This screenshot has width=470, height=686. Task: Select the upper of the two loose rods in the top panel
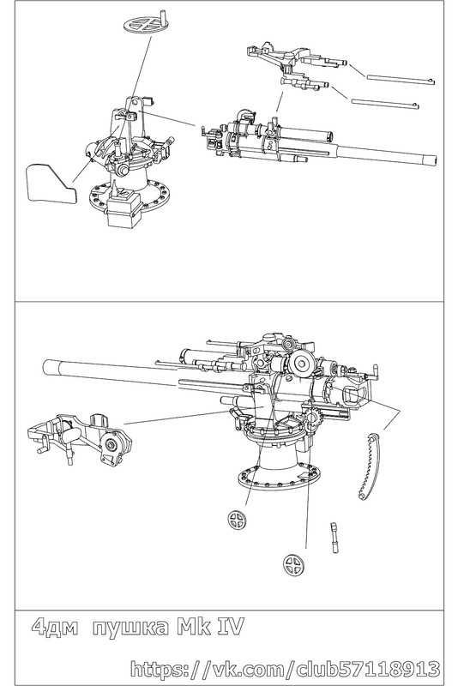click(x=401, y=79)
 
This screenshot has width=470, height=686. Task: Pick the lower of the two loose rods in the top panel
click(x=385, y=103)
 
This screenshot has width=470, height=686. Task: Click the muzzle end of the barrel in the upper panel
click(x=433, y=159)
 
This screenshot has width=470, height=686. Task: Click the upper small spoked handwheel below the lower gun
click(x=238, y=519)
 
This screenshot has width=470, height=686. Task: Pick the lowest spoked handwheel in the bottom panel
click(x=294, y=564)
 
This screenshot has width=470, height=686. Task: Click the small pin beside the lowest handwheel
click(x=334, y=539)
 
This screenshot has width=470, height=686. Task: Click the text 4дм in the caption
click(x=55, y=628)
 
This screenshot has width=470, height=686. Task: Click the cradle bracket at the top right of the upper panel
click(x=297, y=66)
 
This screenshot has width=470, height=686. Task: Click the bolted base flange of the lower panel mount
click(x=279, y=477)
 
